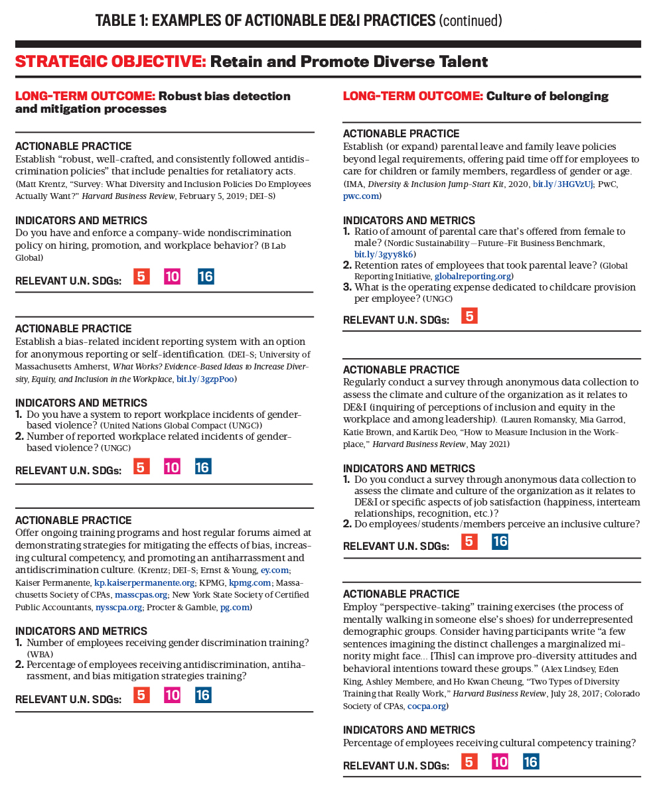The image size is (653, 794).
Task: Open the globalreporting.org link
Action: [x=472, y=275]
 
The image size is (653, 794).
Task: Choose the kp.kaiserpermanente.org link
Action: [x=144, y=582]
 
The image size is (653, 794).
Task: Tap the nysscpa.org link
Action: [x=119, y=606]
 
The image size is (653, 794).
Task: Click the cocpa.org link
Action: [x=426, y=706]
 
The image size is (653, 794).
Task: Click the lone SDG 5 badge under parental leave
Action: [x=469, y=316]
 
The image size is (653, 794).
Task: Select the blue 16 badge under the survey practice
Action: [x=500, y=542]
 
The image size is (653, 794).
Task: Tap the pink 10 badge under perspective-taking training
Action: [x=500, y=762]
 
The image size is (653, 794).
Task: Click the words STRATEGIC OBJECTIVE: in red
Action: [x=110, y=62]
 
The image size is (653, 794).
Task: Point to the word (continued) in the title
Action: [x=470, y=21]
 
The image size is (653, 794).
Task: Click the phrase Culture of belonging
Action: [x=547, y=96]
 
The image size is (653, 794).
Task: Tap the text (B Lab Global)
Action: [x=36, y=251]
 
